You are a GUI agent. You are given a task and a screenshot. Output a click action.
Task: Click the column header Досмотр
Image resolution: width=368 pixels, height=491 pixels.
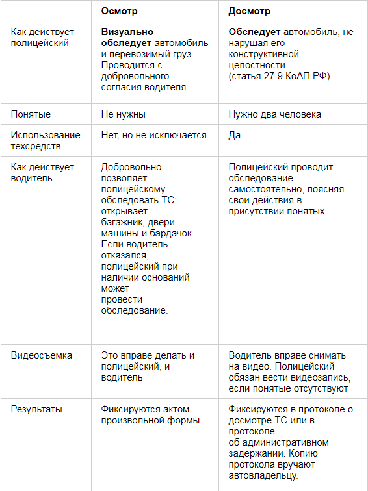pyautogui.click(x=250, y=11)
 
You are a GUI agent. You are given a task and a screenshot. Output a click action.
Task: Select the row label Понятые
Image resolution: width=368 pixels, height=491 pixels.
pyautogui.click(x=31, y=114)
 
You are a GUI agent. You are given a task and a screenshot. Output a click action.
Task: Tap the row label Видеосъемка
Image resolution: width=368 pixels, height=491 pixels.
pyautogui.click(x=42, y=355)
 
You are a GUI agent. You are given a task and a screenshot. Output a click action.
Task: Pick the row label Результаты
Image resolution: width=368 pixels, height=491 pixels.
pyautogui.click(x=36, y=409)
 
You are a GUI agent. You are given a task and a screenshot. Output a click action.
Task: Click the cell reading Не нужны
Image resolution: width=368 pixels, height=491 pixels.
pyautogui.click(x=124, y=114)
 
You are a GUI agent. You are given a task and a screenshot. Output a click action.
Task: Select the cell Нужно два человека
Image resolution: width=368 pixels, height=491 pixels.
pyautogui.click(x=275, y=114)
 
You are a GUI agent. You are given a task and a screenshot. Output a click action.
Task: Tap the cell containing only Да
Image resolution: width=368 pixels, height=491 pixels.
pyautogui.click(x=235, y=135)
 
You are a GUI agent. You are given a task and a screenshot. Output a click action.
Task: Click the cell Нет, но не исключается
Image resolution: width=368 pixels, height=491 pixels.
pyautogui.click(x=154, y=135)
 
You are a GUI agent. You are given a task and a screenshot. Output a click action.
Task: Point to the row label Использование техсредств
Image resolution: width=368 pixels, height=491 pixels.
pyautogui.click(x=46, y=140)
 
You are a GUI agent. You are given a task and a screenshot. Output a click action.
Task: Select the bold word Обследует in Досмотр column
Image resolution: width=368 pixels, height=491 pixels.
pyautogui.click(x=254, y=32)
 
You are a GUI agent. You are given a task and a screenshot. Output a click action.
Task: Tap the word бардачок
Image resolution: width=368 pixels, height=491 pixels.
pyautogui.click(x=166, y=233)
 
